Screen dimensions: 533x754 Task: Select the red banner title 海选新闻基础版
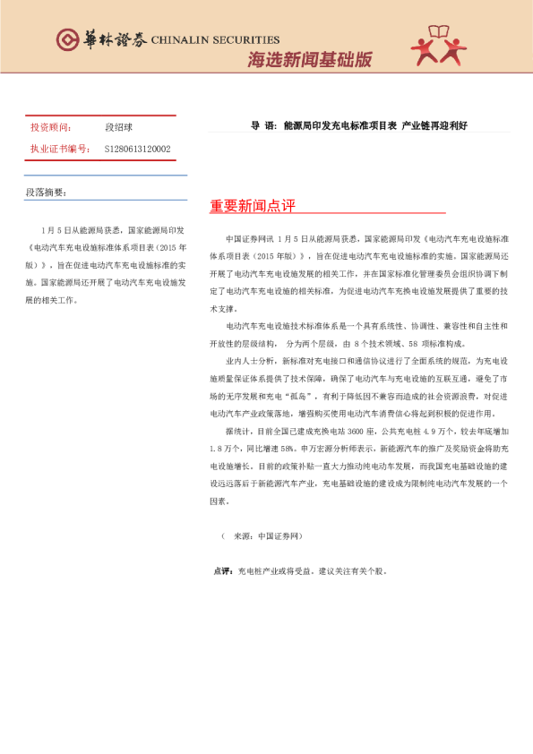coord(309,60)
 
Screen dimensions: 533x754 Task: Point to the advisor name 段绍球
coord(119,128)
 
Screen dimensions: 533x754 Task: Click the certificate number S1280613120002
coord(138,149)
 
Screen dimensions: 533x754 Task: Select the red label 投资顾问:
coord(51,128)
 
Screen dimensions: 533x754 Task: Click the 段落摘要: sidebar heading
coord(46,192)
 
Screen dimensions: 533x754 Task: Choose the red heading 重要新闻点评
coord(253,206)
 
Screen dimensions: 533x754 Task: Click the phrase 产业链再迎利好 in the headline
coord(434,126)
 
